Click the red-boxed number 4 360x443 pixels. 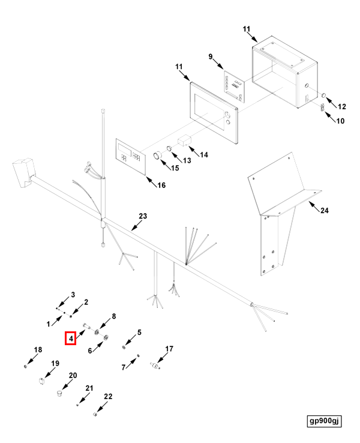[71, 339]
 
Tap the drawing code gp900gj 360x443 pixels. [324, 421]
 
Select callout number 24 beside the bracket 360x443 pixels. [325, 211]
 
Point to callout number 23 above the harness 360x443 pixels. [143, 216]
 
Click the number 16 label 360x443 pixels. [161, 185]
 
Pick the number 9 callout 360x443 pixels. [211, 57]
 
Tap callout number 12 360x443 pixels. [342, 107]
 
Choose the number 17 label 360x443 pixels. [169, 349]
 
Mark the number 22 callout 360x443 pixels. [108, 396]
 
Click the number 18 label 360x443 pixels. [38, 350]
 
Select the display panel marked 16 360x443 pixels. [131, 156]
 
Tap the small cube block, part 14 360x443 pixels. [184, 142]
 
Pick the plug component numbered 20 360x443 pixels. [59, 394]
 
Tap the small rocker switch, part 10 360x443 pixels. [321, 109]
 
